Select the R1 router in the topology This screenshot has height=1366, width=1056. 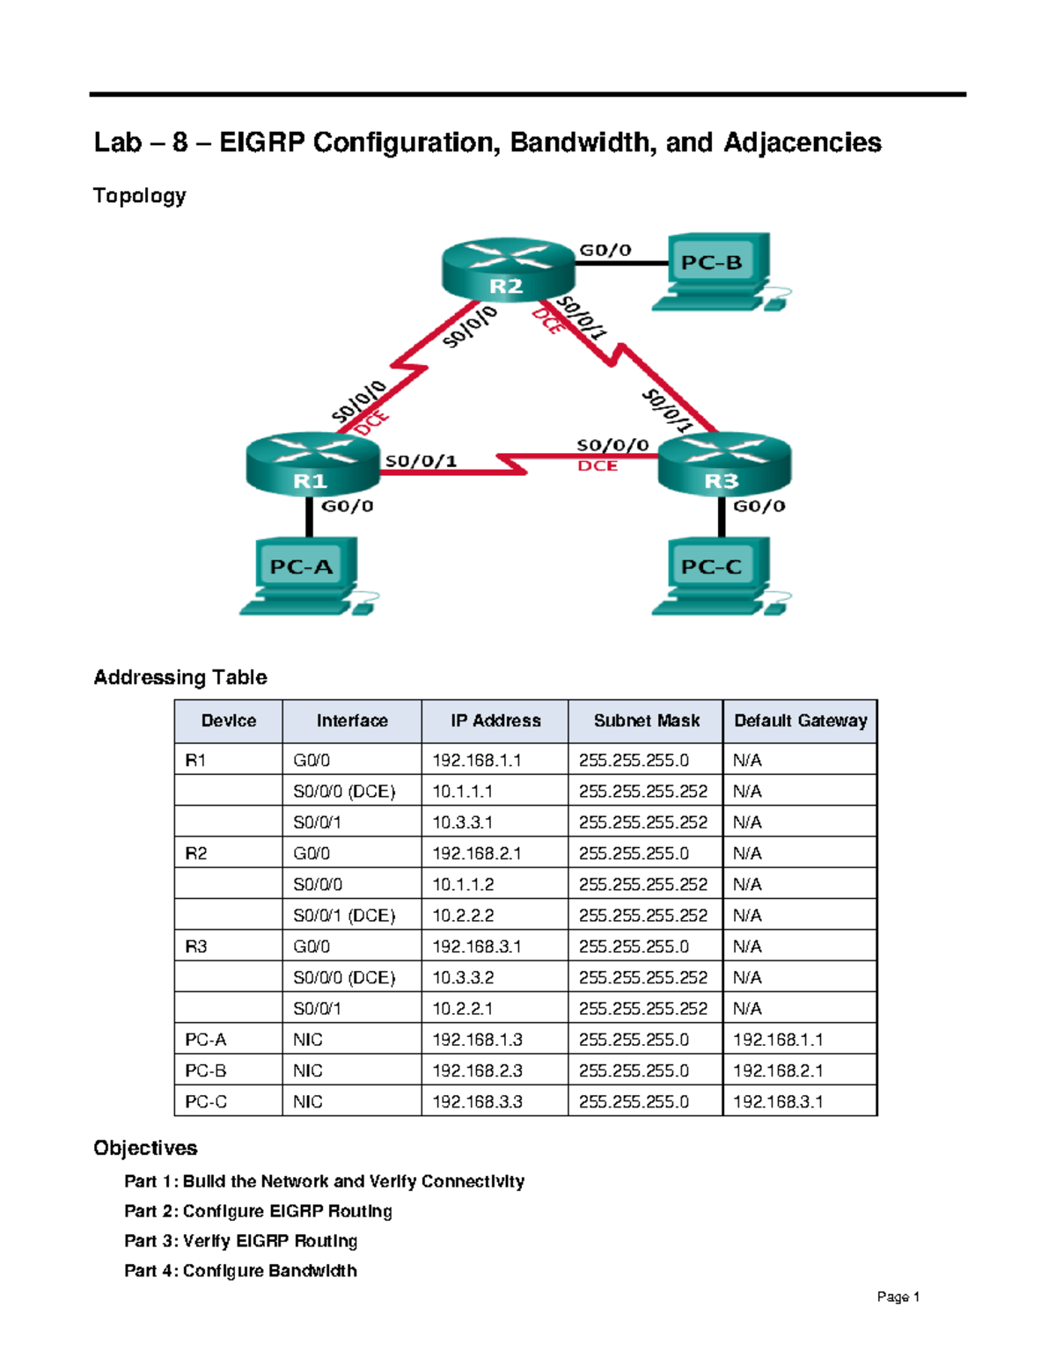(312, 464)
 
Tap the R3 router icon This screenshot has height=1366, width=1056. (723, 464)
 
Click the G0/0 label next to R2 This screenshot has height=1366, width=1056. (605, 250)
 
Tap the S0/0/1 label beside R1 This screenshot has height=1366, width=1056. (421, 461)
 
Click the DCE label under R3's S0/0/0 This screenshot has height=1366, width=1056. (598, 466)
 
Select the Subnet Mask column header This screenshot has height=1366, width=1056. (646, 721)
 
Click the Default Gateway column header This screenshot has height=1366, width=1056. (800, 721)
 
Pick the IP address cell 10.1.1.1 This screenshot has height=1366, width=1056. (462, 792)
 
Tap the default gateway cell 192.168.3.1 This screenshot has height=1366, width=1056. (778, 1102)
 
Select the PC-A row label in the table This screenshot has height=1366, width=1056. (205, 1040)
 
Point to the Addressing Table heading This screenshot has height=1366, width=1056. (180, 677)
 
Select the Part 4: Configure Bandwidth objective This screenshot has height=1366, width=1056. (240, 1271)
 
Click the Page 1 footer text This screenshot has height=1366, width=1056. (898, 1297)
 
